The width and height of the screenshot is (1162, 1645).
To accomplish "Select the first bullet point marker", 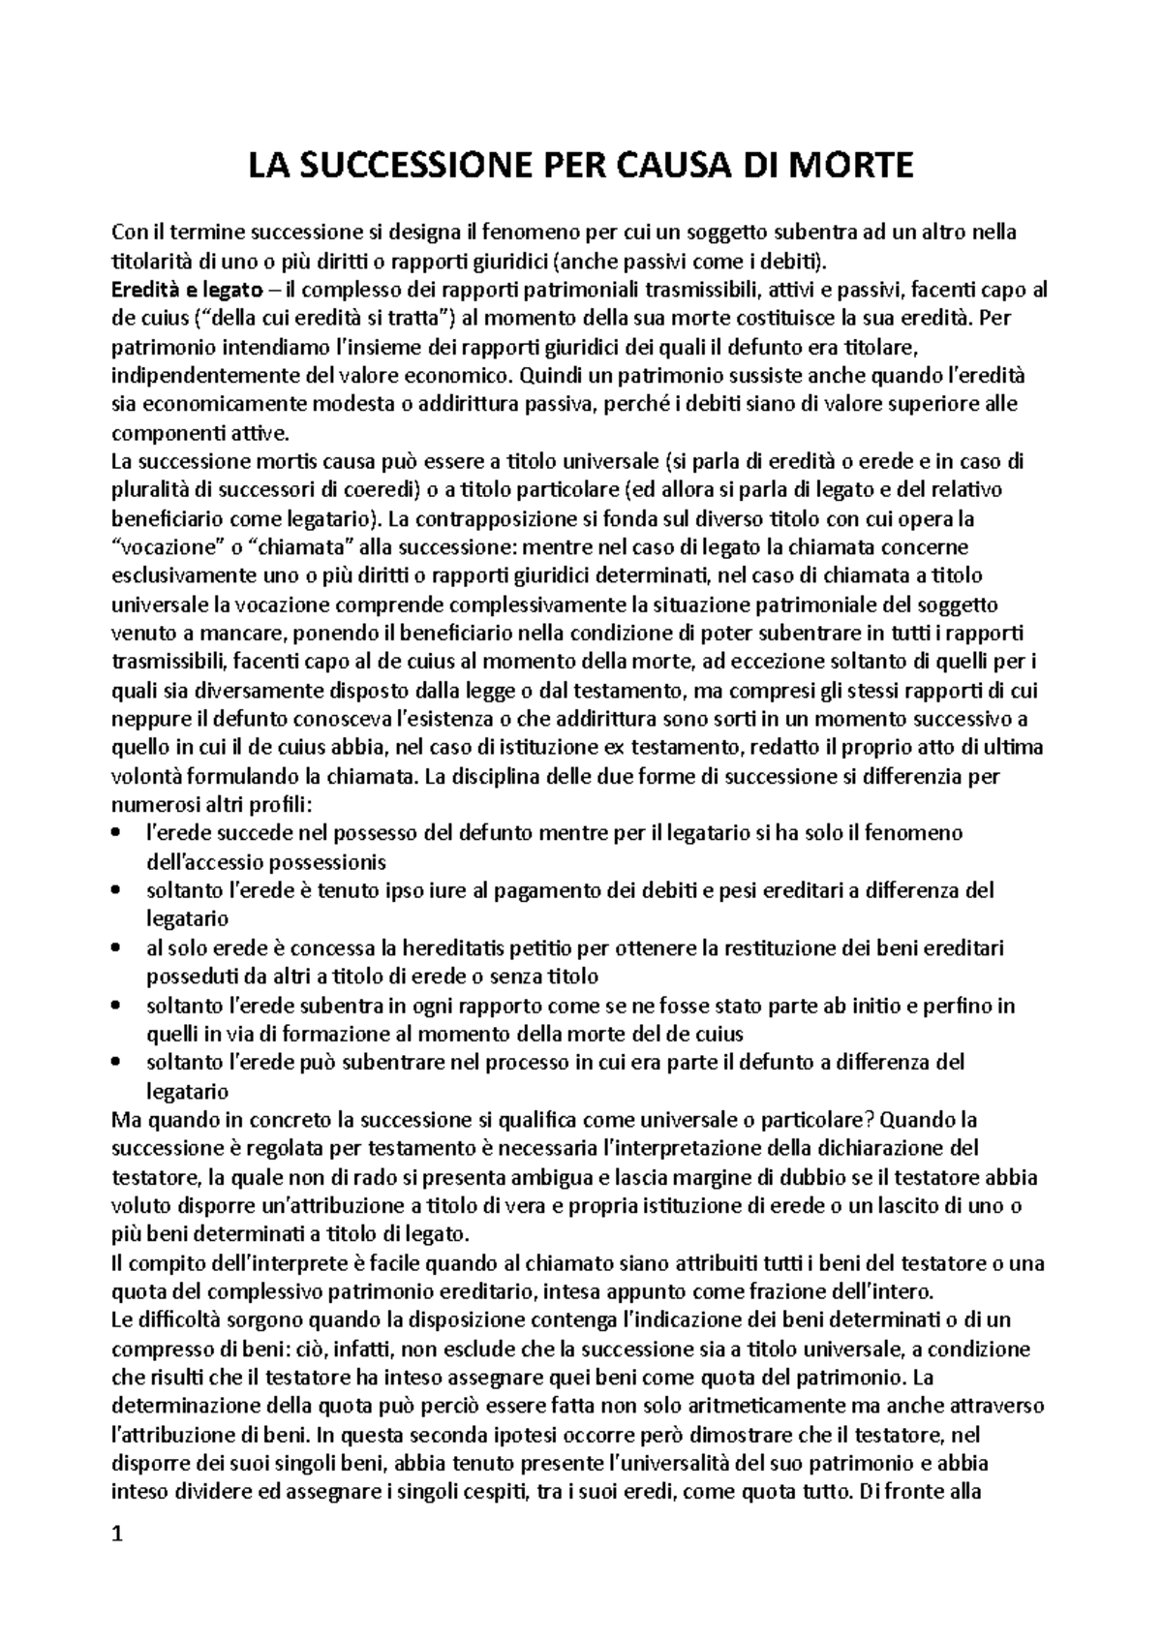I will tap(117, 833).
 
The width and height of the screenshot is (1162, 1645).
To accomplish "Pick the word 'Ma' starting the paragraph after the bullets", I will tap(126, 1120).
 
